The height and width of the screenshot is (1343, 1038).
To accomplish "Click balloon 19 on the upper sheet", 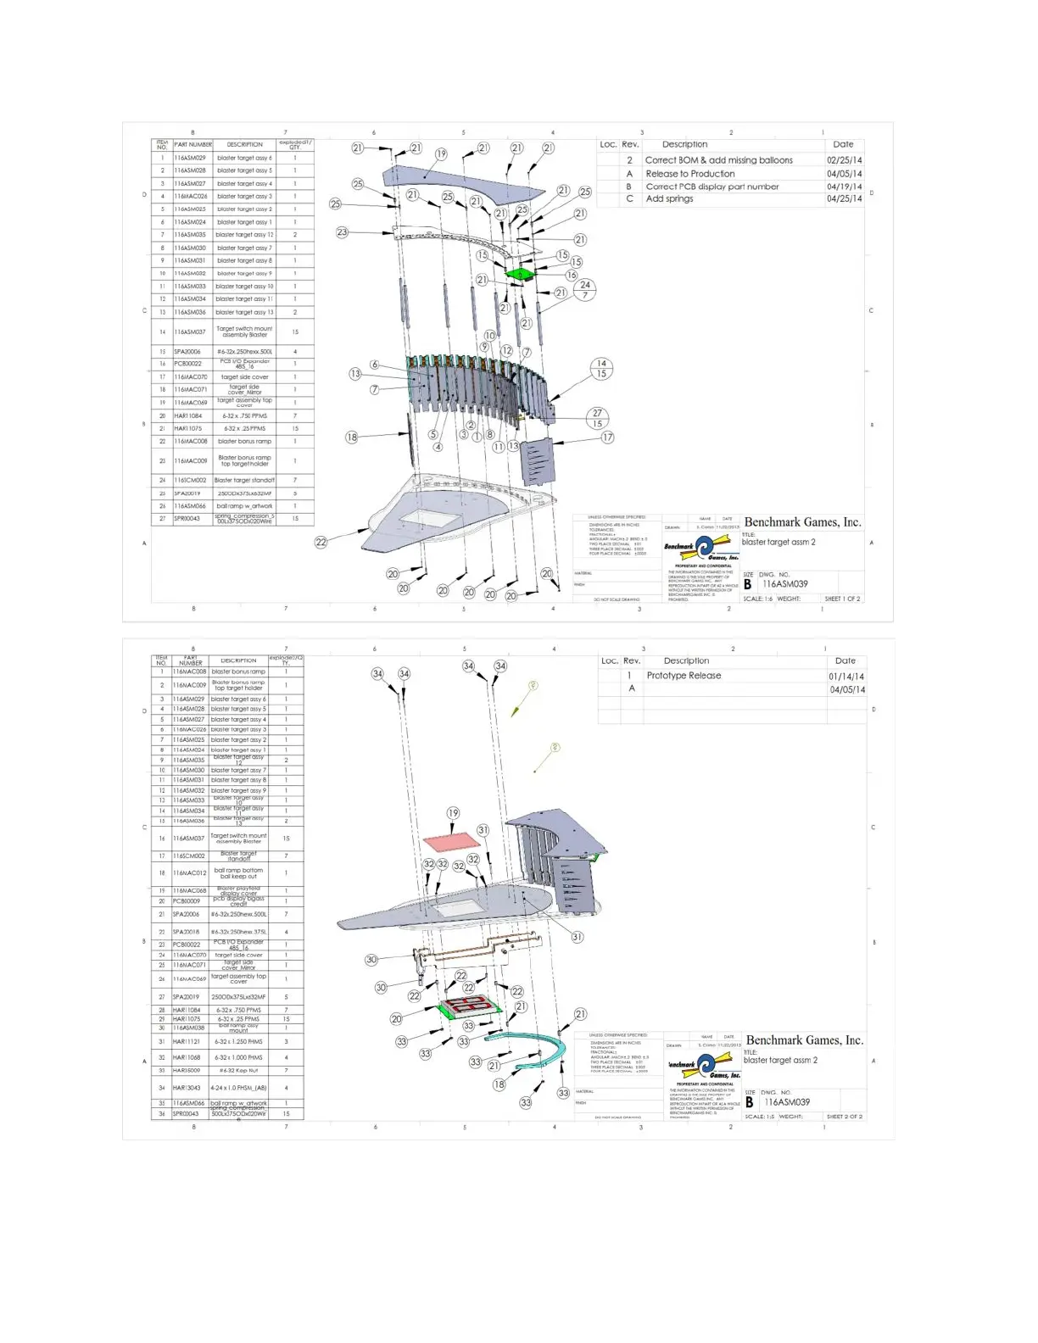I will pos(441,154).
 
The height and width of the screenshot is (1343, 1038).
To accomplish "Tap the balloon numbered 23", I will pos(342,231).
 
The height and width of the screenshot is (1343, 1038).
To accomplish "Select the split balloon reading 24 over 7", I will pos(585,290).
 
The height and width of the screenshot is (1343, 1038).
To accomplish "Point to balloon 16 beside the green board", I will pos(572,275).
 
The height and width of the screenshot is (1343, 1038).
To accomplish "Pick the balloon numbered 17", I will pos(607,437).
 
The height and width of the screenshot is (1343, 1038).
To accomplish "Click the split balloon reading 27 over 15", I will pos(597,419).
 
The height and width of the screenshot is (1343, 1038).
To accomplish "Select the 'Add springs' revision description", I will pos(669,199).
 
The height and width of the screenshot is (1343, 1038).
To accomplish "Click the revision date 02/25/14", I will pos(844,160).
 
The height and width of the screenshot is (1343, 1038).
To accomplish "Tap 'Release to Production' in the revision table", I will pos(689,174).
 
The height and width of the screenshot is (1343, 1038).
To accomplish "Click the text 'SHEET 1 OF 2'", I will pos(842,599).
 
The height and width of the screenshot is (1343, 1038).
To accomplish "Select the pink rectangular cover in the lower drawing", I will pos(452,842).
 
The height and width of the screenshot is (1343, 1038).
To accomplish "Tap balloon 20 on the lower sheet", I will pos(396,1019).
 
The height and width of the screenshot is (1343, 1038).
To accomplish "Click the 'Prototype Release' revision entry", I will pos(684,676).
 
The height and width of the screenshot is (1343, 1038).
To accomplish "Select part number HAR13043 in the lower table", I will pos(187,1088).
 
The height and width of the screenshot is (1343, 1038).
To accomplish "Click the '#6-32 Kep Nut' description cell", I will pos(238,1071).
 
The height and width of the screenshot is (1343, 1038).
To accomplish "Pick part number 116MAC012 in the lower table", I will pos(190,872).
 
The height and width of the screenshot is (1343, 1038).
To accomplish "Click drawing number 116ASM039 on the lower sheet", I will pos(787,1102).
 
